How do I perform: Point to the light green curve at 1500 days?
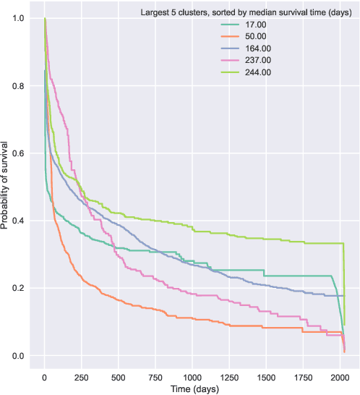pyautogui.click(x=266, y=239)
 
